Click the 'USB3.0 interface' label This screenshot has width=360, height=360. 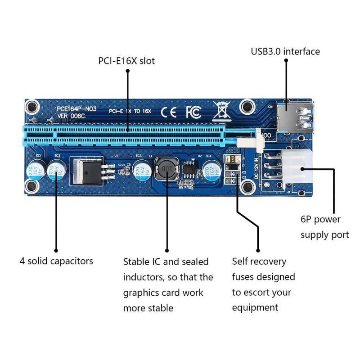pyautogui.click(x=285, y=51)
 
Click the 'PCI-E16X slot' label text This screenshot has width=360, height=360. pyautogui.click(x=126, y=60)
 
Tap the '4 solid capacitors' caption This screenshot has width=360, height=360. pyautogui.click(x=56, y=261)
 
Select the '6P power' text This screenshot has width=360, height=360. pyautogui.click(x=320, y=220)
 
